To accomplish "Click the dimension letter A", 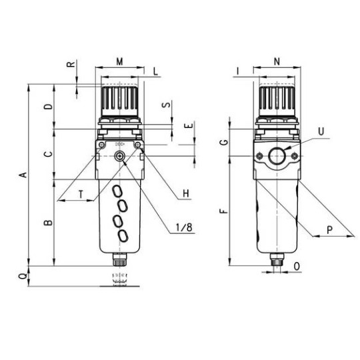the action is point(23,175).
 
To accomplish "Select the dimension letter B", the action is point(48,223).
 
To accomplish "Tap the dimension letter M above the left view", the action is point(119,62).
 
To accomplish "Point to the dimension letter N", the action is point(277,61).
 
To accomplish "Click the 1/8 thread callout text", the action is point(184,227).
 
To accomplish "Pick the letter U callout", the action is point(321,131).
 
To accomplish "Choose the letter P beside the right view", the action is point(329,230).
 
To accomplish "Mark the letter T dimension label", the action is point(81,195).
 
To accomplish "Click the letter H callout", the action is point(186,193).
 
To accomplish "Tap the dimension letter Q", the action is point(23,277).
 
